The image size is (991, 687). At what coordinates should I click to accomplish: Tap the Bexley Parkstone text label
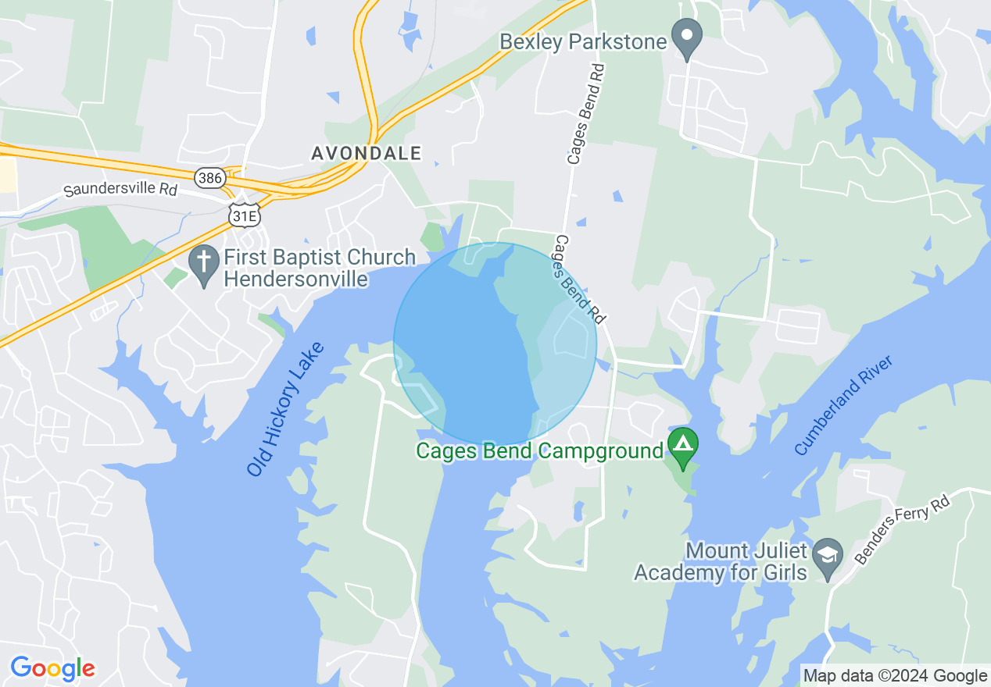pos(582,41)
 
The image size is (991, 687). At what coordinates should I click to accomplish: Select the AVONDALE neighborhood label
pos(366,153)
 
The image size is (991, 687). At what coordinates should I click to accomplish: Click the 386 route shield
pos(209,178)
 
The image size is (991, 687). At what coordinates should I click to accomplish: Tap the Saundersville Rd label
pos(120,190)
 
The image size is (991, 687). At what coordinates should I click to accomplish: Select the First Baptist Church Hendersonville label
pos(319,268)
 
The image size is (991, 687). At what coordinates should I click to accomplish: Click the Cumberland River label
pos(843,406)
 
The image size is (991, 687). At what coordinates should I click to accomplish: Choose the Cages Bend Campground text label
pos(539,450)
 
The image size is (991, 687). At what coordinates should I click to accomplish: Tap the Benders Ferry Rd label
pos(902,529)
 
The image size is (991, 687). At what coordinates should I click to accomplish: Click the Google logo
pos(52,668)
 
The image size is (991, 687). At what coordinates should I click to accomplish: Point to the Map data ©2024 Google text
pos(896,676)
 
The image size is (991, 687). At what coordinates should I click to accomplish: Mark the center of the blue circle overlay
pos(495,344)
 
